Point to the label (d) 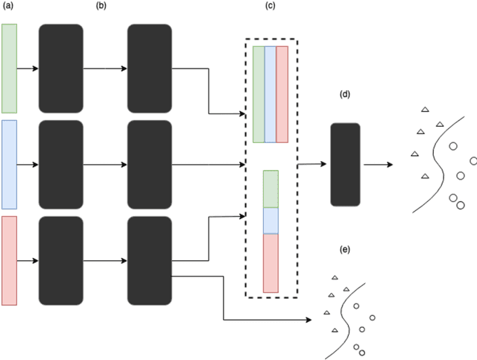click(344, 95)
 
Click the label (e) click(344, 249)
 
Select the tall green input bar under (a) click(9, 68)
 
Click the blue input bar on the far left click(9, 164)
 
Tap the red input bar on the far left click(9, 260)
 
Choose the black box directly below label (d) click(344, 164)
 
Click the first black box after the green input click(60, 68)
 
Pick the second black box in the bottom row click(150, 260)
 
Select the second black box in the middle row click(150, 164)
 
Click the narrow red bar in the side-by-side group click(282, 94)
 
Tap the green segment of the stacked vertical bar click(271, 189)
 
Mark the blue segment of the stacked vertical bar click(271, 221)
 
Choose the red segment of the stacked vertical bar click(271, 263)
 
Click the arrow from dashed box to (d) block click(313, 164)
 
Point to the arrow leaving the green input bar click(27, 69)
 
